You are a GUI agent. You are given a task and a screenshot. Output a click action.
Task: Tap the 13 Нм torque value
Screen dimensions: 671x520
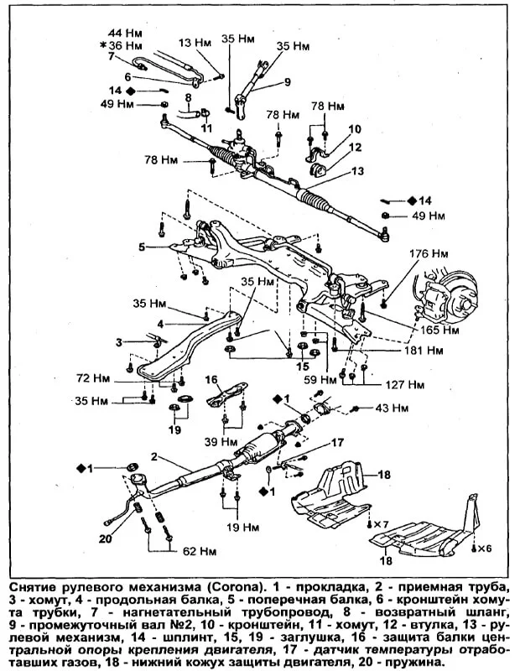tap(194, 42)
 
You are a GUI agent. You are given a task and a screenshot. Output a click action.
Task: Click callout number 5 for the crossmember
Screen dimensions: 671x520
tap(142, 247)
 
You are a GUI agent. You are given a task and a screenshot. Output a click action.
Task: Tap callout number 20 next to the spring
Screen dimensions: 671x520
tap(105, 538)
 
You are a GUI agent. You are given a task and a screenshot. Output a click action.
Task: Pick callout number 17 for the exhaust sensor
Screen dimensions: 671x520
tap(336, 442)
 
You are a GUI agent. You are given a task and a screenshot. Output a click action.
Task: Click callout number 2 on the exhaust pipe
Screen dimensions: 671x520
tap(154, 456)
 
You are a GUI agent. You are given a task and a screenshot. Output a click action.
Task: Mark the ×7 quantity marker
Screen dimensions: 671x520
tap(381, 524)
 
